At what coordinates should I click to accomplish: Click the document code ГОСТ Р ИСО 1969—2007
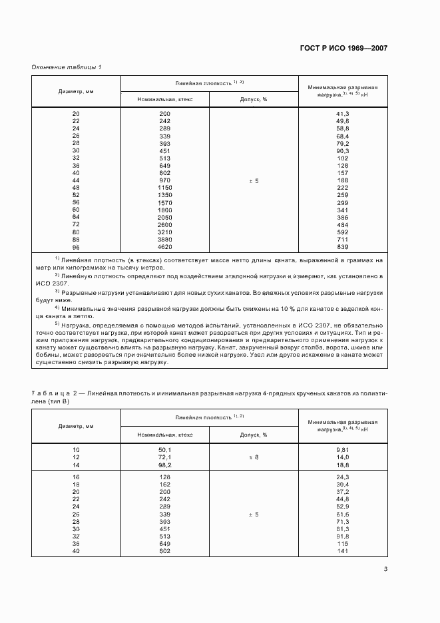coord(345,49)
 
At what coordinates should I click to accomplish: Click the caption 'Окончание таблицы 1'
coord(66,68)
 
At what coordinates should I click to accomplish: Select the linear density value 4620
coord(164,246)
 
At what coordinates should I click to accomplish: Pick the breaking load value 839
coord(343,246)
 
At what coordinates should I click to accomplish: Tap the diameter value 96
coord(76,246)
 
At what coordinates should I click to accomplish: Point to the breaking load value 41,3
coord(343,114)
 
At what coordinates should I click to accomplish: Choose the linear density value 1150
coord(164,188)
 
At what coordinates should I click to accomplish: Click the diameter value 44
coord(76,180)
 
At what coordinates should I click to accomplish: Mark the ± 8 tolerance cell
coord(254,458)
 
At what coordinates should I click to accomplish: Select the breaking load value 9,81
coord(343,451)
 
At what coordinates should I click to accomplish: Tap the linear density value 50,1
coord(164,451)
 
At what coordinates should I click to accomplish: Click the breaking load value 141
coord(343,552)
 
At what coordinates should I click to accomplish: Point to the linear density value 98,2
coord(164,465)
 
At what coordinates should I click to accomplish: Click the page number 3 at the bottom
coord(386,569)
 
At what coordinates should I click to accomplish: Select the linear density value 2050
coord(164,217)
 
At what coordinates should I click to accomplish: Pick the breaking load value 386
coord(343,217)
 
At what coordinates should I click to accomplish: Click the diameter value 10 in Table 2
coord(76,451)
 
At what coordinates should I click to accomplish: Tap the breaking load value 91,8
coord(343,537)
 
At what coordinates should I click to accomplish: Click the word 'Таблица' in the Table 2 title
coord(49,394)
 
